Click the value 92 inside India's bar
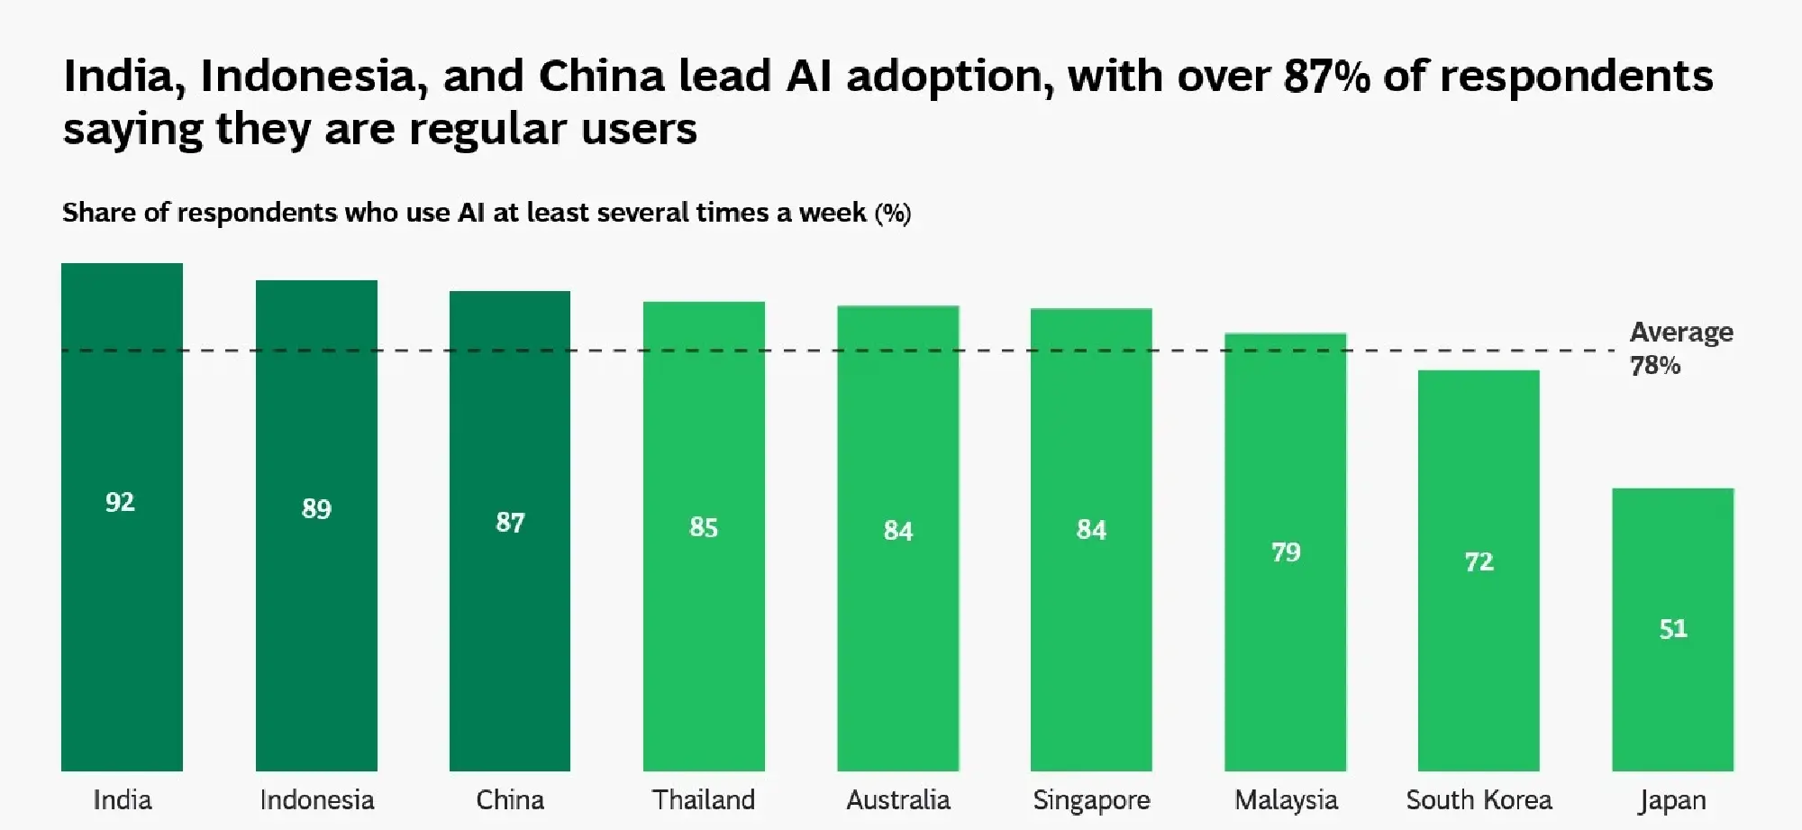(x=120, y=502)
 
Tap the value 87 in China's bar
(x=510, y=523)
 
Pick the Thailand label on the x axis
(x=704, y=799)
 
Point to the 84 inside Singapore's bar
(x=1091, y=529)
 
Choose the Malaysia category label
(x=1286, y=799)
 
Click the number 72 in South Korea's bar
(x=1479, y=562)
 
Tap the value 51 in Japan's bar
(x=1673, y=628)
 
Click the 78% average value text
(x=1655, y=365)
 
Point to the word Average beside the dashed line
(x=1681, y=332)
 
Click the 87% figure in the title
(x=1326, y=76)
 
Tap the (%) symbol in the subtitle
(x=893, y=213)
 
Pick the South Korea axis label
(x=1479, y=799)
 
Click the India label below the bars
(x=123, y=799)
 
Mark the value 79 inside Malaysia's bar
(x=1286, y=552)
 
